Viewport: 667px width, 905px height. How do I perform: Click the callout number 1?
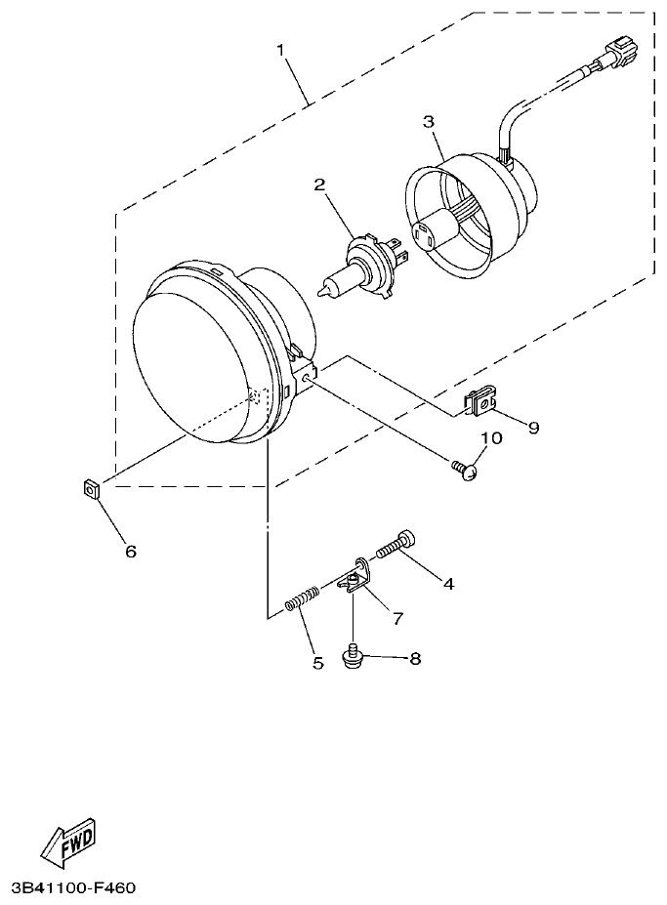[x=283, y=50]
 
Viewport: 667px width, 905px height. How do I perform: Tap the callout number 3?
[x=428, y=122]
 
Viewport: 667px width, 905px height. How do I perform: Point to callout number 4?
[x=448, y=585]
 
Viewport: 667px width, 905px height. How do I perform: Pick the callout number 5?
[x=317, y=664]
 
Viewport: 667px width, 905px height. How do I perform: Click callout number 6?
[x=130, y=552]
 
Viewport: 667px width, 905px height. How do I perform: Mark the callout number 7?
[x=397, y=618]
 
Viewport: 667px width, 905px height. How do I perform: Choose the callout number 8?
[x=415, y=659]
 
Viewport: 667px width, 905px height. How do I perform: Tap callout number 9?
[x=533, y=427]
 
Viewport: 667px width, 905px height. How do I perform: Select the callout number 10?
[x=490, y=438]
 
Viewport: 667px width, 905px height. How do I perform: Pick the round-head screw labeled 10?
[x=467, y=471]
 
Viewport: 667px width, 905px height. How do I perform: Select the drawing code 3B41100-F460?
[x=72, y=888]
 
